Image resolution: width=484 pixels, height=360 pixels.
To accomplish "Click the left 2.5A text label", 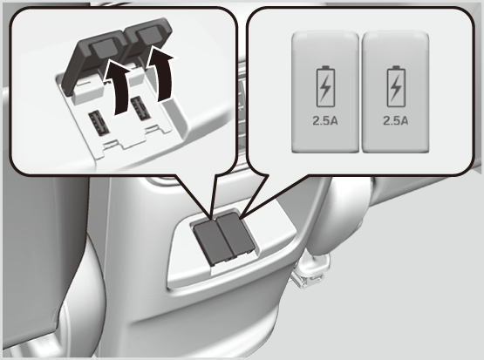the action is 325,120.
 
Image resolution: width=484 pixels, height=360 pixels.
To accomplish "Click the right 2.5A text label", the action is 395,120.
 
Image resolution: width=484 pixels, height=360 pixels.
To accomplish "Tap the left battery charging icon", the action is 325,86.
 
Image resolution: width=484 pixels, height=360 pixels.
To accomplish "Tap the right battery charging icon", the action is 396,86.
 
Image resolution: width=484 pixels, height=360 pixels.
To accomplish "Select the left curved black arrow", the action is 119,88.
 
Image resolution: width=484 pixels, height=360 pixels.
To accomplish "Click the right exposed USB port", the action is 140,108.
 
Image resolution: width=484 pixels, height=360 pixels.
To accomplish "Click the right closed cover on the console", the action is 236,234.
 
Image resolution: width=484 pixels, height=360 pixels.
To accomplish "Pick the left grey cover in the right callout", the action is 325,92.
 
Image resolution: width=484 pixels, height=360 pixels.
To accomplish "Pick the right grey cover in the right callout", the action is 395,92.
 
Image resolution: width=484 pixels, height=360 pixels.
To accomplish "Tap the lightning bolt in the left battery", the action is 325,89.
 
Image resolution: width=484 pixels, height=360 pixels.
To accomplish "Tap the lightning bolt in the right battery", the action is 396,89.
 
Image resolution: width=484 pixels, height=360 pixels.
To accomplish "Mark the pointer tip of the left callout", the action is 211,220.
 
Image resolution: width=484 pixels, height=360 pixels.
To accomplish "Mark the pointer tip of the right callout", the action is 240,220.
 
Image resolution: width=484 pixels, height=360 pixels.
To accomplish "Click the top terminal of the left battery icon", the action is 325,67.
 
